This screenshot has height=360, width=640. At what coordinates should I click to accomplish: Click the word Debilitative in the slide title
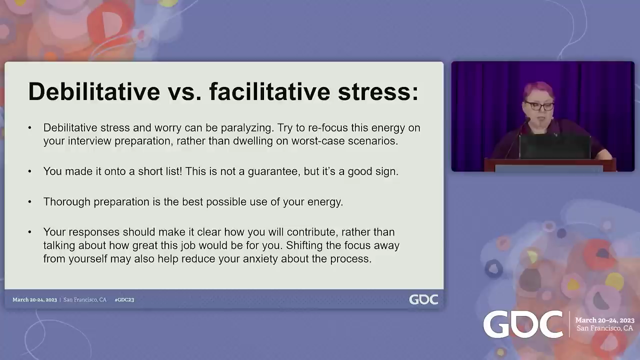point(94,91)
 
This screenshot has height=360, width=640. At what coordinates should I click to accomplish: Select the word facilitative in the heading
point(269,91)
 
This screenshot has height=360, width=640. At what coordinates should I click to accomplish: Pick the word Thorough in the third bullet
point(67,202)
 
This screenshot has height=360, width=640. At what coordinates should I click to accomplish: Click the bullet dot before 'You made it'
point(29,171)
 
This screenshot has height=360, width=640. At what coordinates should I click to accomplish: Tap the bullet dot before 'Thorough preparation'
point(29,201)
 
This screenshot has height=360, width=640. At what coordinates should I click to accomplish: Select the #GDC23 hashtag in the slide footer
point(124,299)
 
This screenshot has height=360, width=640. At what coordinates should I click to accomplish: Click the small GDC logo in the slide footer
point(423,299)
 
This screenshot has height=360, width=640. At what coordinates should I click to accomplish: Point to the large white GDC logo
point(523,324)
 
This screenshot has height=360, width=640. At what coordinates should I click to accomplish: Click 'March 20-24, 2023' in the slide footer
point(34,299)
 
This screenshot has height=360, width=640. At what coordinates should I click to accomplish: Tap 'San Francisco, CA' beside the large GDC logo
point(604,328)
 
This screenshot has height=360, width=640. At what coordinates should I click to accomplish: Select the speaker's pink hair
point(539,91)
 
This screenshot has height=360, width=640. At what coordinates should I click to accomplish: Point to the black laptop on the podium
point(555,146)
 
